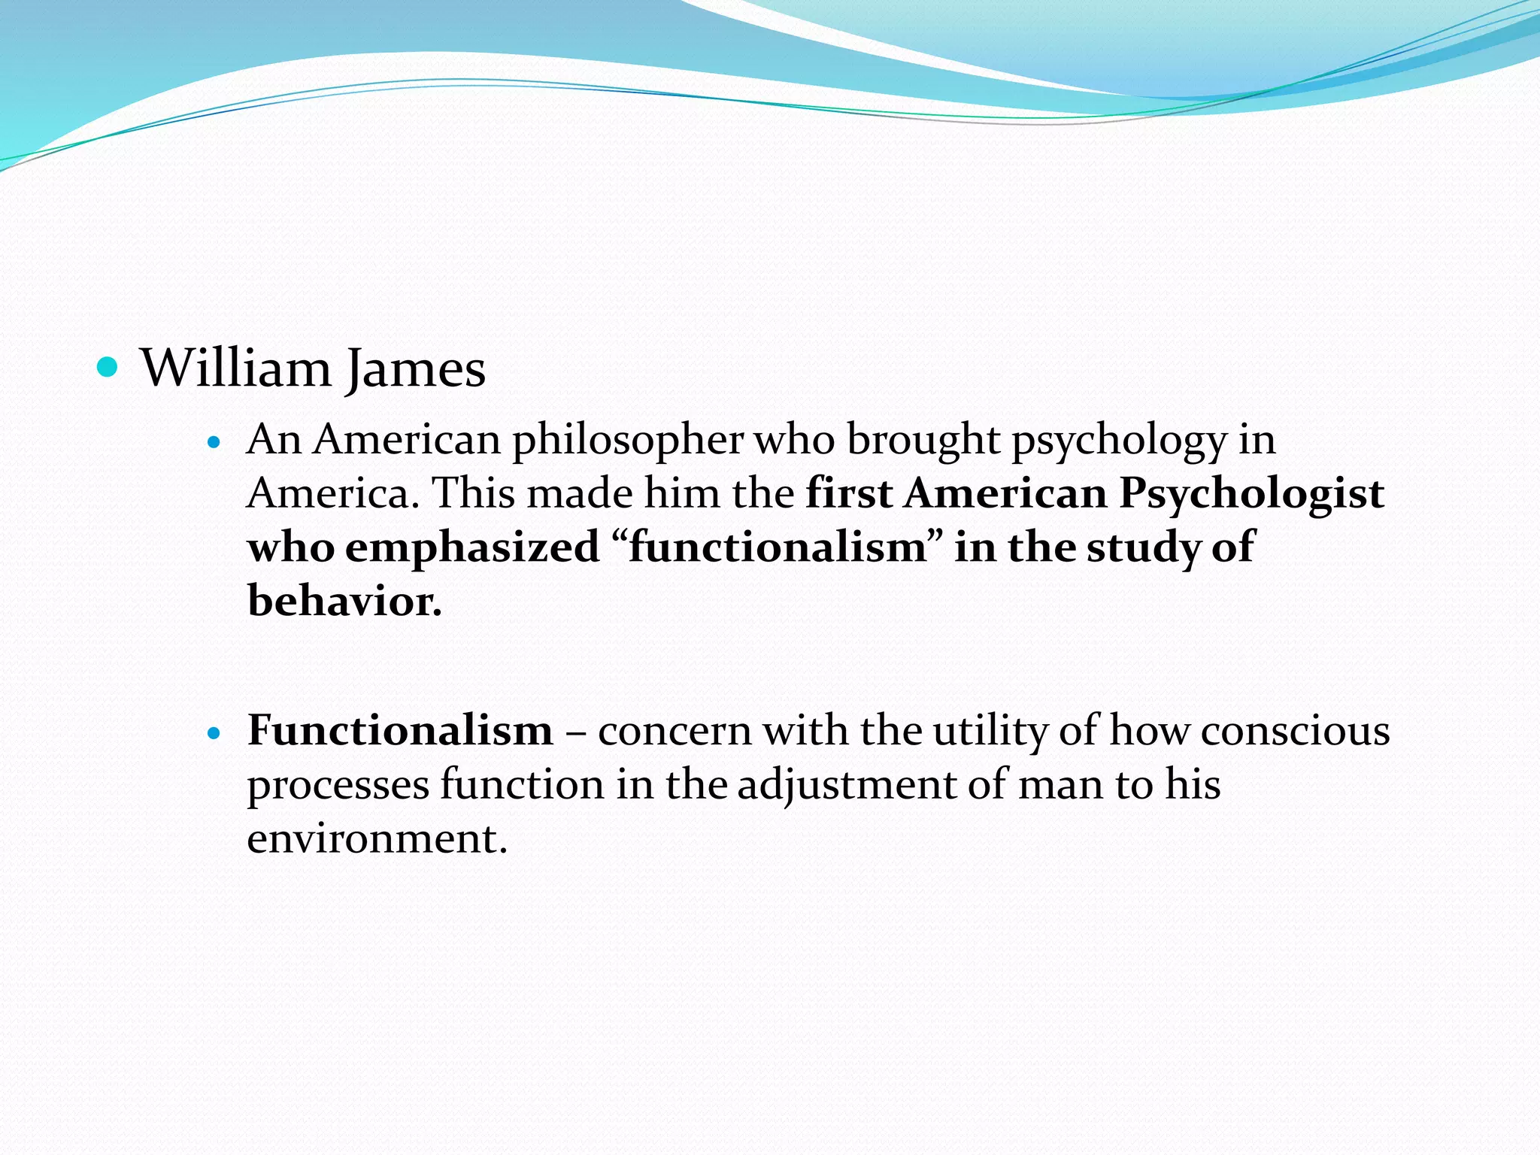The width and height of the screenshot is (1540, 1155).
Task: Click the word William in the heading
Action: click(x=235, y=368)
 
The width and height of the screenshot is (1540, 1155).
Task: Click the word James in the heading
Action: click(x=415, y=368)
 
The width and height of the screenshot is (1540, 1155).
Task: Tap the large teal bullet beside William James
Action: click(x=108, y=367)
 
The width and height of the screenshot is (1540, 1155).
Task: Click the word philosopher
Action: click(x=628, y=439)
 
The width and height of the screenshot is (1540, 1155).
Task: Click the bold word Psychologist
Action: click(x=1251, y=493)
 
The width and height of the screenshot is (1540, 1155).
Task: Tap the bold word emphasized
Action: click(x=472, y=547)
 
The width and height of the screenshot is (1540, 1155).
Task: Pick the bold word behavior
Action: click(x=344, y=602)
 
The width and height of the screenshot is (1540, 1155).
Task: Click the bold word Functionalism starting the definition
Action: click(x=400, y=730)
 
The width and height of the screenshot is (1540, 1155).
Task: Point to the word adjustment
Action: click(x=846, y=784)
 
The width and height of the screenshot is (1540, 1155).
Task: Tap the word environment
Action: click(x=376, y=838)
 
